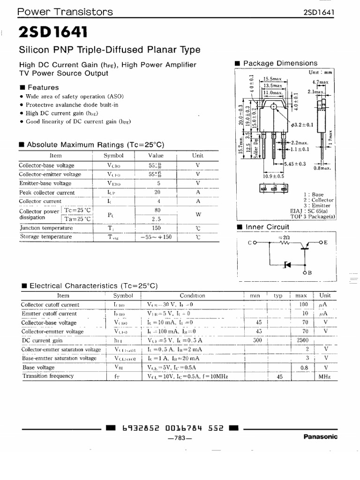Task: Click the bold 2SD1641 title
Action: (x=52, y=32)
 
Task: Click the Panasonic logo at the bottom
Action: (x=320, y=436)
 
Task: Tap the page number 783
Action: (x=180, y=439)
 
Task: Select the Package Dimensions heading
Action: (x=280, y=63)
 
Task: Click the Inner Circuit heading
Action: (x=267, y=227)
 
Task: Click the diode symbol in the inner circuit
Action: (x=287, y=265)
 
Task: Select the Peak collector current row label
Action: (x=47, y=193)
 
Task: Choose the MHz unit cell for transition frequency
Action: (x=324, y=376)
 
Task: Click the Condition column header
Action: (x=192, y=296)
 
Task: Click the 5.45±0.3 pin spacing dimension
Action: (x=296, y=164)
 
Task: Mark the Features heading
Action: (x=43, y=87)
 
